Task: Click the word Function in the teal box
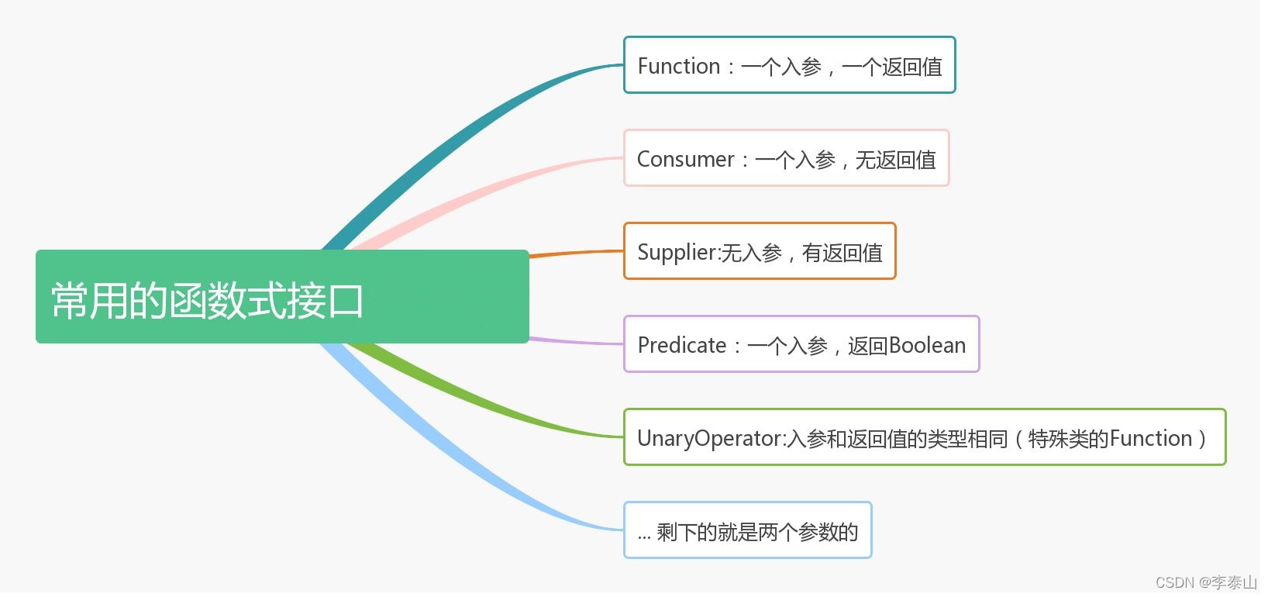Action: click(x=678, y=66)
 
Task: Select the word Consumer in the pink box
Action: click(x=685, y=159)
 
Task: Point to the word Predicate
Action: click(x=681, y=346)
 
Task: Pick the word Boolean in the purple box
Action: click(x=927, y=346)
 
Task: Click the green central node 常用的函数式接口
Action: click(x=282, y=296)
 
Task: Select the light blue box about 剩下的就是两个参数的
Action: click(x=747, y=530)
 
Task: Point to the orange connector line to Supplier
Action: click(x=577, y=253)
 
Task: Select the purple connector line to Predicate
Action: click(x=577, y=341)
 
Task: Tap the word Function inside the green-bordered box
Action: click(x=1151, y=439)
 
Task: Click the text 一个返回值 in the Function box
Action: click(x=892, y=67)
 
